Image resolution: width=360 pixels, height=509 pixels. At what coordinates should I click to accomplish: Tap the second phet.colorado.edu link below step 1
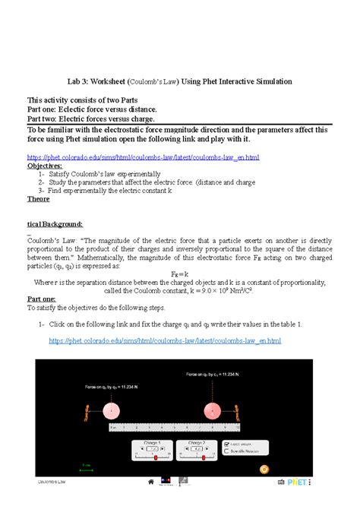click(165, 341)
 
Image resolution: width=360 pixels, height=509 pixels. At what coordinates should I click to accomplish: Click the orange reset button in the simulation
click(264, 469)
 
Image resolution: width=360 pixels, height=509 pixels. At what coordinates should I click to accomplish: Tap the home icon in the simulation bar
click(150, 482)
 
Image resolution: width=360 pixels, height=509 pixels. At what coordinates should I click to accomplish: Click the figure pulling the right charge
click(238, 412)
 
